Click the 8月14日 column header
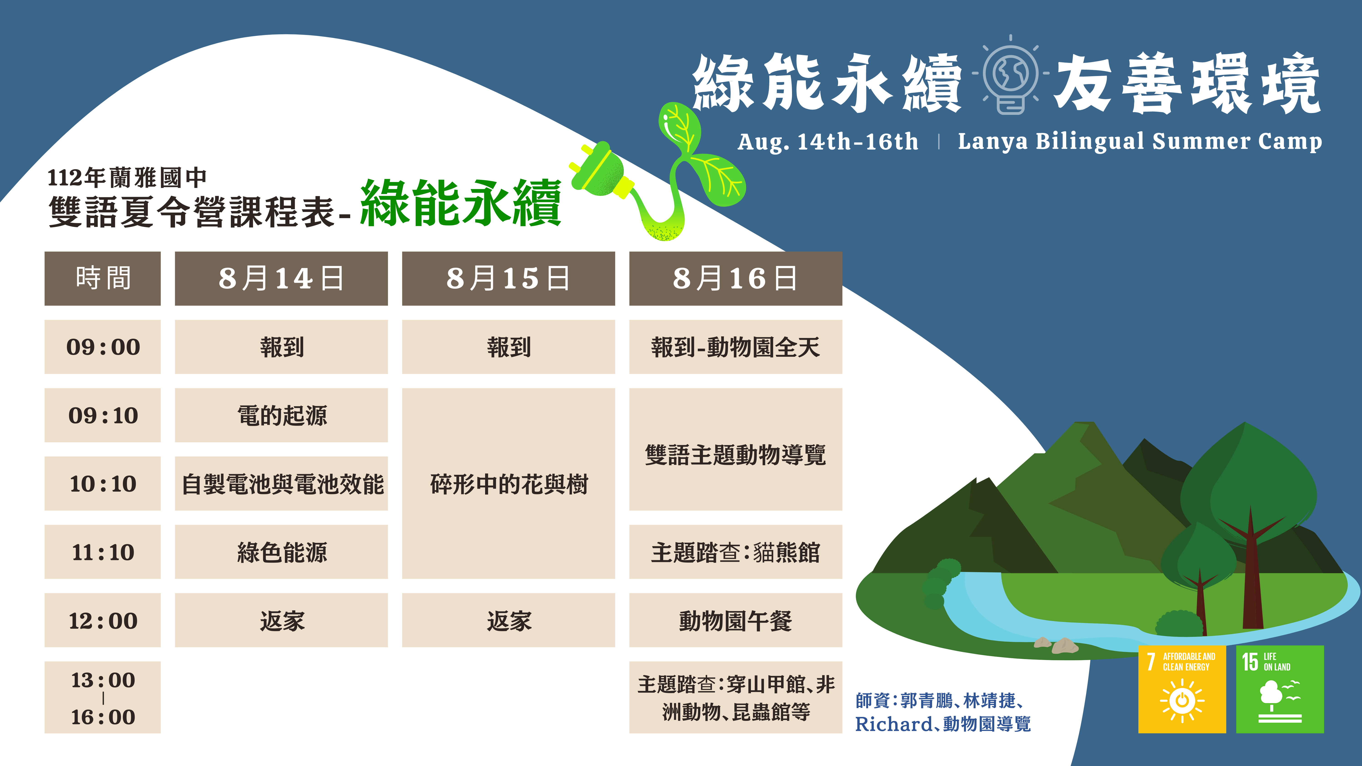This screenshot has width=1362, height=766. (281, 278)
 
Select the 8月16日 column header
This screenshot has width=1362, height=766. (735, 278)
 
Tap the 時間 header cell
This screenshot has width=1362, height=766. (103, 278)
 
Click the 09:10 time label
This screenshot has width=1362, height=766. (103, 416)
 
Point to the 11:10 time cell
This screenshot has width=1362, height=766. (103, 552)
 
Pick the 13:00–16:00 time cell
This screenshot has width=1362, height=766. (103, 697)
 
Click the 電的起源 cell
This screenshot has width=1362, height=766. (281, 416)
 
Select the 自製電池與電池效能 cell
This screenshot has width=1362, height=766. (281, 484)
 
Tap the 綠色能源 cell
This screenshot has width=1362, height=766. (281, 552)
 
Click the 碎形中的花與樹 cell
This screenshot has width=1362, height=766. (509, 484)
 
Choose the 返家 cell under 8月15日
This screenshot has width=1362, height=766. (509, 620)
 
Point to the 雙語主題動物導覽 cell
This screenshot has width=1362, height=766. (735, 449)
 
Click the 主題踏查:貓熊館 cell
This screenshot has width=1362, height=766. (735, 552)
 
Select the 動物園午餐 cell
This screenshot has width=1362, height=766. (735, 620)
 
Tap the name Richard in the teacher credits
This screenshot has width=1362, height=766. (893, 724)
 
